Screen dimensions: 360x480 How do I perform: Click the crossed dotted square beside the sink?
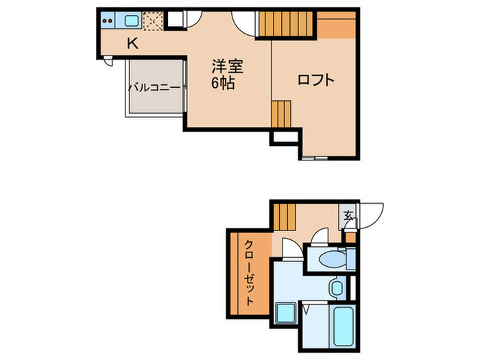click(x=153, y=22)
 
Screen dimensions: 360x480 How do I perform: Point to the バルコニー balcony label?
click(x=154, y=88)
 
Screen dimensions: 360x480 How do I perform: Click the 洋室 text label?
click(x=227, y=67)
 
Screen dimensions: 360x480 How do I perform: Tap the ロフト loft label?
click(x=316, y=80)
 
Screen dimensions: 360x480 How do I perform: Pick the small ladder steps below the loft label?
click(x=282, y=114)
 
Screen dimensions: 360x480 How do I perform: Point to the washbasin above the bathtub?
click(x=337, y=288)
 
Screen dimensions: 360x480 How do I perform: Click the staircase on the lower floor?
click(x=285, y=217)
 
